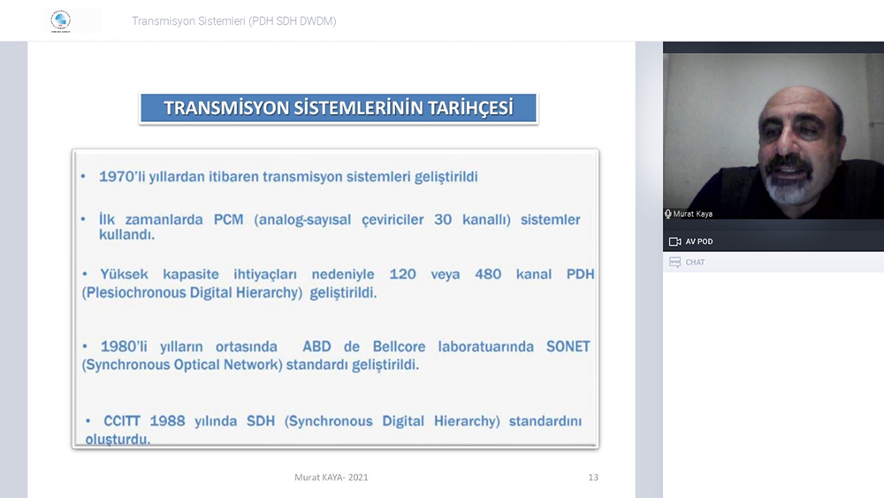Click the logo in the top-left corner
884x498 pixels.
[x=60, y=21]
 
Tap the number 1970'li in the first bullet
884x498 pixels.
[x=122, y=177]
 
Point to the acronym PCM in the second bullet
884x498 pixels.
[x=228, y=219]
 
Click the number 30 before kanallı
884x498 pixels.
[x=443, y=219]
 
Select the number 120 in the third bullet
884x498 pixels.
[x=402, y=274]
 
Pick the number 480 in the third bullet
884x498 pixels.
[x=488, y=274]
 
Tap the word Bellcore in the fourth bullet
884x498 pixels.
[x=399, y=346]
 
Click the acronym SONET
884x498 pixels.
[x=568, y=346]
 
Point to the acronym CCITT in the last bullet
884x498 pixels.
[x=122, y=421]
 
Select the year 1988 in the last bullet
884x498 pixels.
[x=167, y=421]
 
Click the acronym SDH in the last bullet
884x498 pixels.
[x=261, y=421]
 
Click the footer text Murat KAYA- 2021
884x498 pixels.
[x=331, y=477]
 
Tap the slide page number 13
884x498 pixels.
[x=593, y=477]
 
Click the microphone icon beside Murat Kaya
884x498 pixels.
[x=668, y=214]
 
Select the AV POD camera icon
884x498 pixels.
[x=674, y=241]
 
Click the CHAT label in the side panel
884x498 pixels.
[x=695, y=262]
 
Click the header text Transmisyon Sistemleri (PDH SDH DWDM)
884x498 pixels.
[x=234, y=21]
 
